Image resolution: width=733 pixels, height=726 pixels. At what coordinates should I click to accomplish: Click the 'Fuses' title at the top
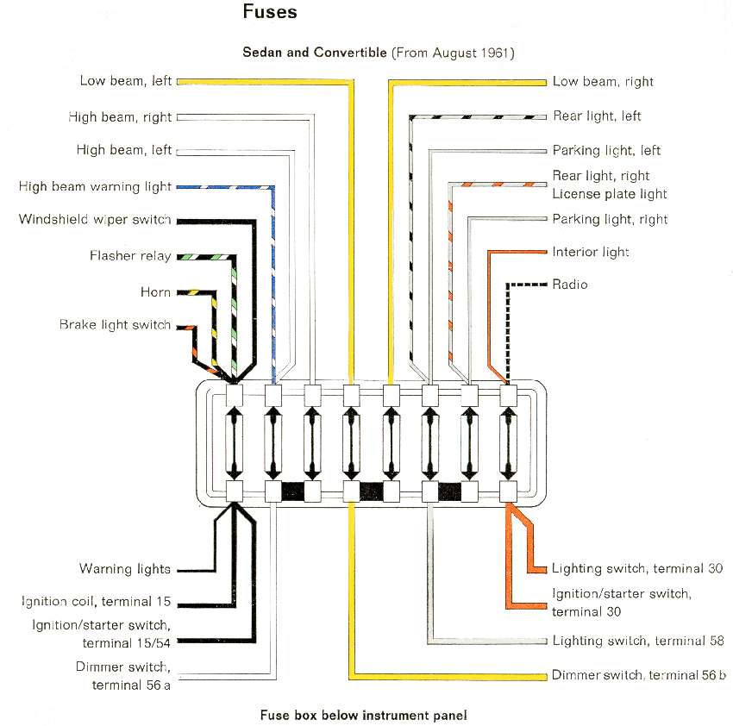(270, 12)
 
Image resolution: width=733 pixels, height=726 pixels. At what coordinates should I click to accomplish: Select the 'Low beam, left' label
(126, 81)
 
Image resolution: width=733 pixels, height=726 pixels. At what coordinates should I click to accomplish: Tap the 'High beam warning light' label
(96, 186)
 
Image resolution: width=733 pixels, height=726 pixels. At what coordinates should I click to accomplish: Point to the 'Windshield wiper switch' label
(95, 219)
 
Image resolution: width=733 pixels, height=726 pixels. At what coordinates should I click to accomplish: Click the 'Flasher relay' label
(130, 256)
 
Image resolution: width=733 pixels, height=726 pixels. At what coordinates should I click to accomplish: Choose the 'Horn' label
(156, 292)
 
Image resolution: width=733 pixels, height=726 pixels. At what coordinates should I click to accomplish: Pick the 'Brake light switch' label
(115, 325)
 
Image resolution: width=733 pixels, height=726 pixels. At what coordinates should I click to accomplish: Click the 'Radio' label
(570, 285)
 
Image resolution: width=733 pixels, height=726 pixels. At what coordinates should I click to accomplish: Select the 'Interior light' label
(591, 252)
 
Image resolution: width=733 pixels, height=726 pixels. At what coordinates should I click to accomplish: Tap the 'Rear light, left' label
(597, 116)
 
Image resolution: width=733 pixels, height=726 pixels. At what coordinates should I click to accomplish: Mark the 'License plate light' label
(610, 194)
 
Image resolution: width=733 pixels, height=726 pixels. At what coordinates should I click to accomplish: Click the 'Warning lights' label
(125, 569)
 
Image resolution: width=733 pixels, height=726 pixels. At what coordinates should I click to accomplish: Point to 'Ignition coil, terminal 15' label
(97, 601)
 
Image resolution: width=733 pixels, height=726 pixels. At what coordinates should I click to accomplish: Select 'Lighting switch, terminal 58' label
(638, 641)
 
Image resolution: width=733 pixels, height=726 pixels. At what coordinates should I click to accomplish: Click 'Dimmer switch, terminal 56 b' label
(638, 675)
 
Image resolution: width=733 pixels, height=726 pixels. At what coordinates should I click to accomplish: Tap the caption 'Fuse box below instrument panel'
(363, 716)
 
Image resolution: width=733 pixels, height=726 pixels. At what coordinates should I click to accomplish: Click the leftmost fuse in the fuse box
(235, 441)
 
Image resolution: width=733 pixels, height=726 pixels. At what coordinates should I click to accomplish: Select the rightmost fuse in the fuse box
(508, 441)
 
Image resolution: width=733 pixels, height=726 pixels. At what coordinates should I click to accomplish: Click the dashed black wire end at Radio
(545, 285)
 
